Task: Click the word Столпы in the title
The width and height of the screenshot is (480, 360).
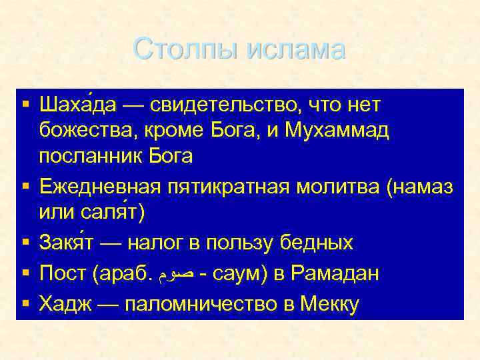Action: coord(186,49)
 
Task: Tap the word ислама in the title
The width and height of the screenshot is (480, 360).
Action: coord(295,49)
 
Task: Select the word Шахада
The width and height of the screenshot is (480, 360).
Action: coord(78,105)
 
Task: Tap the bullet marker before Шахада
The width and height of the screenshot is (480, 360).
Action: coord(25,105)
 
